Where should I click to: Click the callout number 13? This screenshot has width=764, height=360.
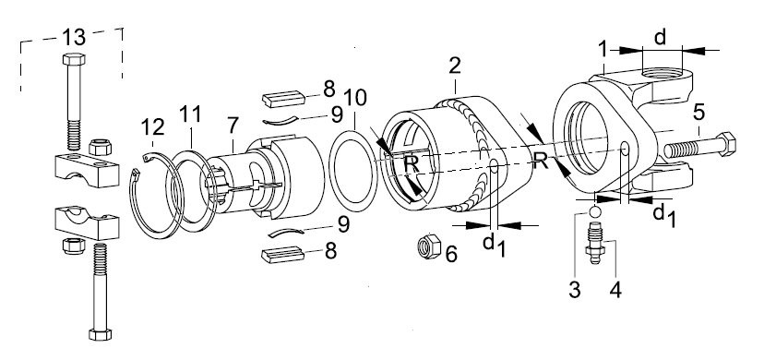(x=74, y=37)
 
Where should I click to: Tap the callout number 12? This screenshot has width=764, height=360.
(x=152, y=127)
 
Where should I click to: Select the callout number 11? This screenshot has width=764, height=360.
(x=190, y=114)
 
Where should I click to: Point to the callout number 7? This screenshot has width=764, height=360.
(x=233, y=126)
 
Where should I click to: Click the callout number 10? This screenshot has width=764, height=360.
(x=354, y=98)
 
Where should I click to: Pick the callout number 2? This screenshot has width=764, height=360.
(x=455, y=66)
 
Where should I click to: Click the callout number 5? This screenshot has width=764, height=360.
(x=698, y=113)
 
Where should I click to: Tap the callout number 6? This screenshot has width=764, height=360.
(x=451, y=254)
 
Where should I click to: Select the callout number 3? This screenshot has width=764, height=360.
(x=575, y=291)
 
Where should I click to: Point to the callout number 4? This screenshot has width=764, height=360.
(x=615, y=291)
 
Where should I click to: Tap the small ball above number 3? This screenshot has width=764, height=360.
(x=595, y=212)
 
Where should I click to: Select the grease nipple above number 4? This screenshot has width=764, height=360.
(x=595, y=242)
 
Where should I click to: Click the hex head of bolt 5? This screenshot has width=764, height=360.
(x=726, y=143)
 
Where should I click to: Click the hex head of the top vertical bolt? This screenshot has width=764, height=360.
(x=74, y=59)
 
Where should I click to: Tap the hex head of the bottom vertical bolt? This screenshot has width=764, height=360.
(x=101, y=334)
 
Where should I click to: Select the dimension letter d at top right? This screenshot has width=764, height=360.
(x=661, y=37)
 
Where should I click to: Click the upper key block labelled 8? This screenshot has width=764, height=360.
(x=283, y=99)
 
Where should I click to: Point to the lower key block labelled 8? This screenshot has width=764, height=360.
(x=283, y=254)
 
